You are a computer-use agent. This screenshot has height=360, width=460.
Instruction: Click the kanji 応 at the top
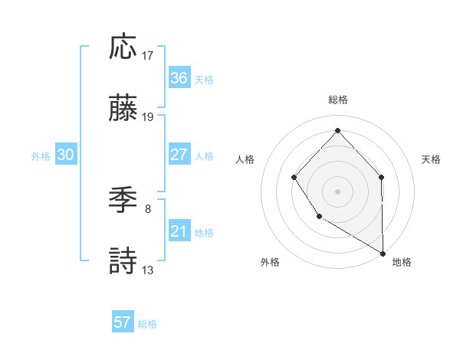click(123, 47)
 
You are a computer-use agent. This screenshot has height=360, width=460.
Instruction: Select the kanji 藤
click(123, 110)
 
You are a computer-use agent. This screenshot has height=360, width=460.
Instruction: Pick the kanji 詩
click(123, 262)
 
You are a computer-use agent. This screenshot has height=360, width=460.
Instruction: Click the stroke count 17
click(148, 55)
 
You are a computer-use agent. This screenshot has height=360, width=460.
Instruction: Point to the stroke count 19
click(148, 117)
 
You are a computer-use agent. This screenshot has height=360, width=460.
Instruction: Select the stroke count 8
click(148, 208)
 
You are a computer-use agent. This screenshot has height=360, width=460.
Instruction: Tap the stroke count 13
click(148, 270)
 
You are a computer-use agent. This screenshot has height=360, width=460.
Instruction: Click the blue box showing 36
click(179, 78)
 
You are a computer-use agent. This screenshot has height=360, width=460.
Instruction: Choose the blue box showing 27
click(179, 155)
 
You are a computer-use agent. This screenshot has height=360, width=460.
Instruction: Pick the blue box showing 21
click(179, 231)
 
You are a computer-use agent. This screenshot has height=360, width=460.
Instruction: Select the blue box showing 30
click(66, 155)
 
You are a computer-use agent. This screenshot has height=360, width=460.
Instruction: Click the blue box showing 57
click(123, 322)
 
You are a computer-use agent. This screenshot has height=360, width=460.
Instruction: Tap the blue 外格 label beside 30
click(41, 155)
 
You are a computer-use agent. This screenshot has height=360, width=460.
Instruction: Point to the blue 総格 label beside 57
click(147, 323)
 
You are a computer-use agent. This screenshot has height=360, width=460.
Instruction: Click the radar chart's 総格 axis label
click(337, 100)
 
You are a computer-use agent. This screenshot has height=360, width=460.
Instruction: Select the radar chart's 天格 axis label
click(432, 159)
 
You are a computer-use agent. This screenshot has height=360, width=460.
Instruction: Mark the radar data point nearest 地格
click(382, 253)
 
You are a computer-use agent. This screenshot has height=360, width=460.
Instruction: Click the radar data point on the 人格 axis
click(294, 178)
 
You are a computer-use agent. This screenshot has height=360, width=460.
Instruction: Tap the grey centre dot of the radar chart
click(337, 191)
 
